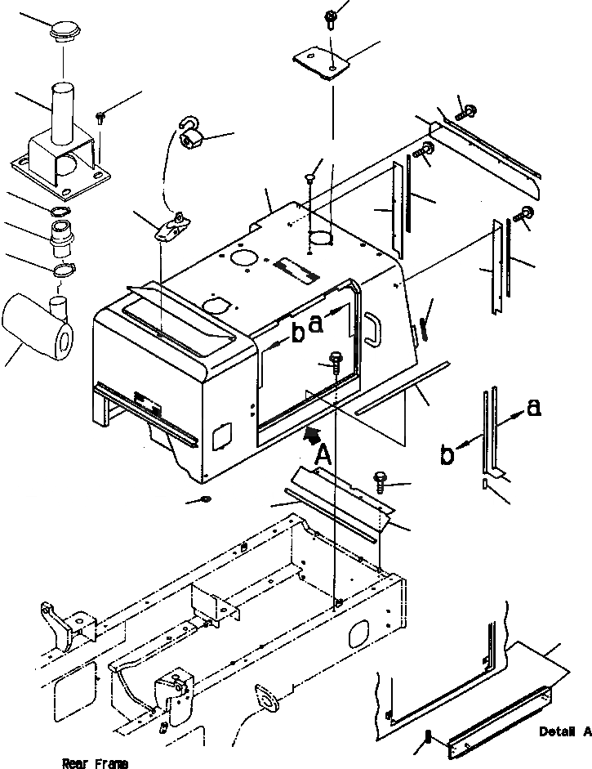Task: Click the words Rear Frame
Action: (95, 763)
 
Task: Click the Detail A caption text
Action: (564, 731)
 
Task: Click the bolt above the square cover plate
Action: (332, 16)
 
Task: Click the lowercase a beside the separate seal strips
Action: (532, 408)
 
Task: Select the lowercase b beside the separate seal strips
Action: (447, 455)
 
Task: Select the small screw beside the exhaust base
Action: (100, 116)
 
